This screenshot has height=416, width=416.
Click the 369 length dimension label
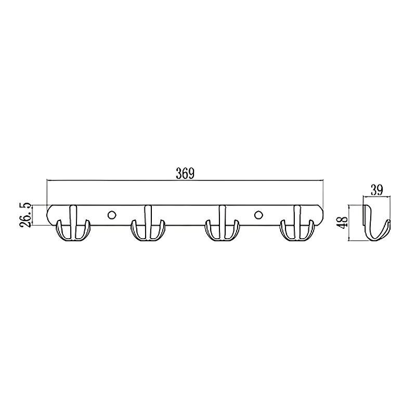coord(185,173)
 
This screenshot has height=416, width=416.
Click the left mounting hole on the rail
coord(112,215)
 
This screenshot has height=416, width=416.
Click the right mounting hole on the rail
coord(258,215)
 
